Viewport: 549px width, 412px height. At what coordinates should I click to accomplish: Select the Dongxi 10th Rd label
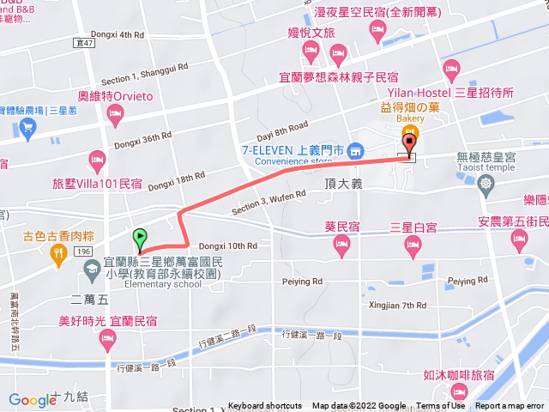pos(227,245)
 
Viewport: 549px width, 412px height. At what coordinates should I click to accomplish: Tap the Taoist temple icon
pos(486,183)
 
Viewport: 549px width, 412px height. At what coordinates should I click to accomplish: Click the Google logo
pos(31,399)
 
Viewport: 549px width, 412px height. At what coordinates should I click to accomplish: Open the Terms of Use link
pos(440,406)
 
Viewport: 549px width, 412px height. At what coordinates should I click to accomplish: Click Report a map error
pos(511,406)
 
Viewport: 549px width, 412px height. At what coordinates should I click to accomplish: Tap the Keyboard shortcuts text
pos(265,406)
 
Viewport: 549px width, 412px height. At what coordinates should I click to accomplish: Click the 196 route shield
pos(82,251)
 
